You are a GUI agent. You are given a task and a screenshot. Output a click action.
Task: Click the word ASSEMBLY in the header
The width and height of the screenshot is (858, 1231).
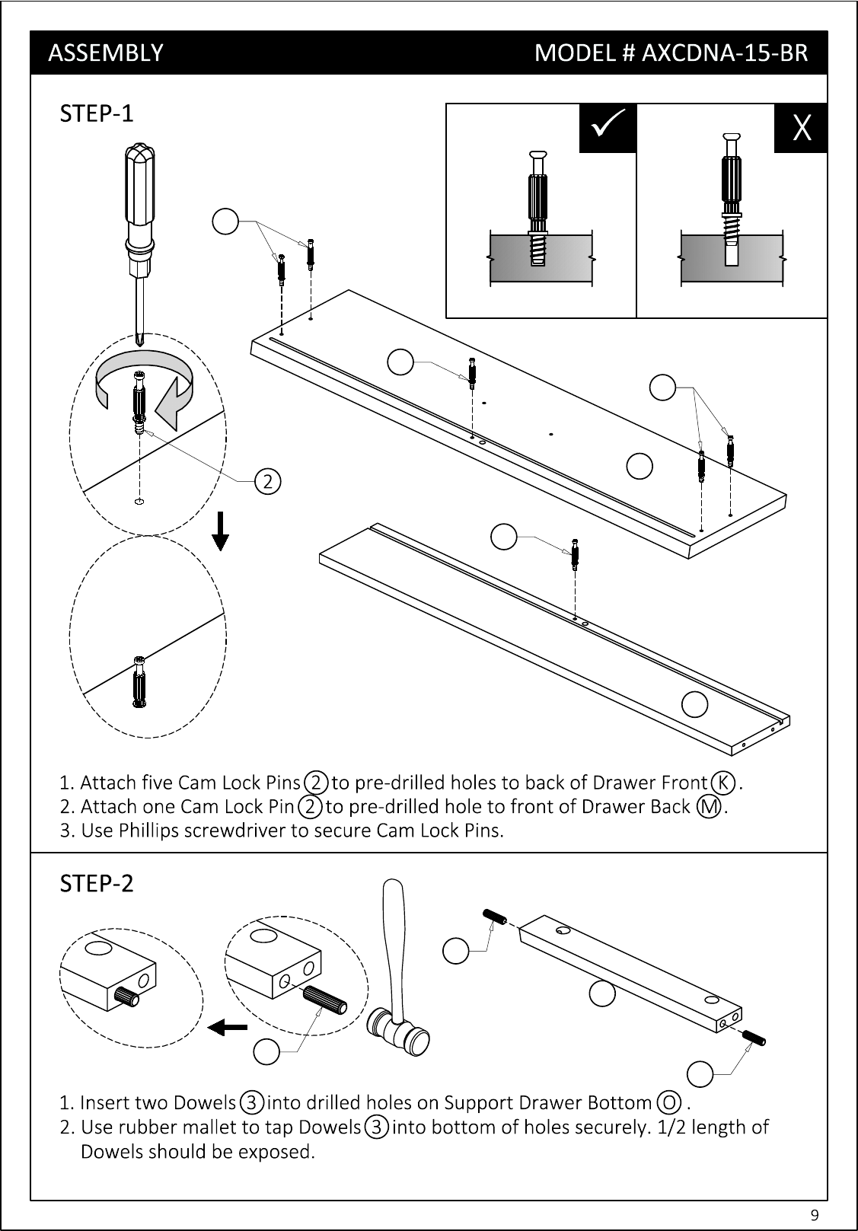106,53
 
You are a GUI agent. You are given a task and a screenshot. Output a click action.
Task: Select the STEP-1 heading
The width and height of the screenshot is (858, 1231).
96,113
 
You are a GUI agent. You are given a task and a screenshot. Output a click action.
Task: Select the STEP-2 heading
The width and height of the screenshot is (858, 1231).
96,883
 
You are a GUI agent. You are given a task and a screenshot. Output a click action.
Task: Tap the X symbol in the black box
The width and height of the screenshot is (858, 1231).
802,128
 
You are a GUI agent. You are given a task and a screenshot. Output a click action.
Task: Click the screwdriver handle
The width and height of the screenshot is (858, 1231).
139,184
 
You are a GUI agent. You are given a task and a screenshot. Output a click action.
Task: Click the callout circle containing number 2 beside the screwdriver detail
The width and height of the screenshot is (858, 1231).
268,481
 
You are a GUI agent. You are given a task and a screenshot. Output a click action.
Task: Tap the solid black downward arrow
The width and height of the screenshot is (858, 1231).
221,531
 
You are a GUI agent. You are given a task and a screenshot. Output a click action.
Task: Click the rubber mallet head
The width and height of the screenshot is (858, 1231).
398,1032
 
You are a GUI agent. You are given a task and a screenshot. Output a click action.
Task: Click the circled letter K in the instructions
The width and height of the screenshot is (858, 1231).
722,783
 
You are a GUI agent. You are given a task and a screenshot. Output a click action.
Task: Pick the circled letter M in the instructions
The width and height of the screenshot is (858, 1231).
709,807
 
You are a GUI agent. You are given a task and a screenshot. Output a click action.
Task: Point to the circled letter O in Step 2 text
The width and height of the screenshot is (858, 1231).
669,1102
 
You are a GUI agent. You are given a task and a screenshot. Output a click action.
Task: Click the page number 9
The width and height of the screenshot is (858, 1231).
815,1214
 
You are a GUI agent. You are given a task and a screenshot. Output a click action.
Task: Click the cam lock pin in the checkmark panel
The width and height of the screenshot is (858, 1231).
538,209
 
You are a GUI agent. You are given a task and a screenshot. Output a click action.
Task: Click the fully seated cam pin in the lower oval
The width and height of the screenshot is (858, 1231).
139,681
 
